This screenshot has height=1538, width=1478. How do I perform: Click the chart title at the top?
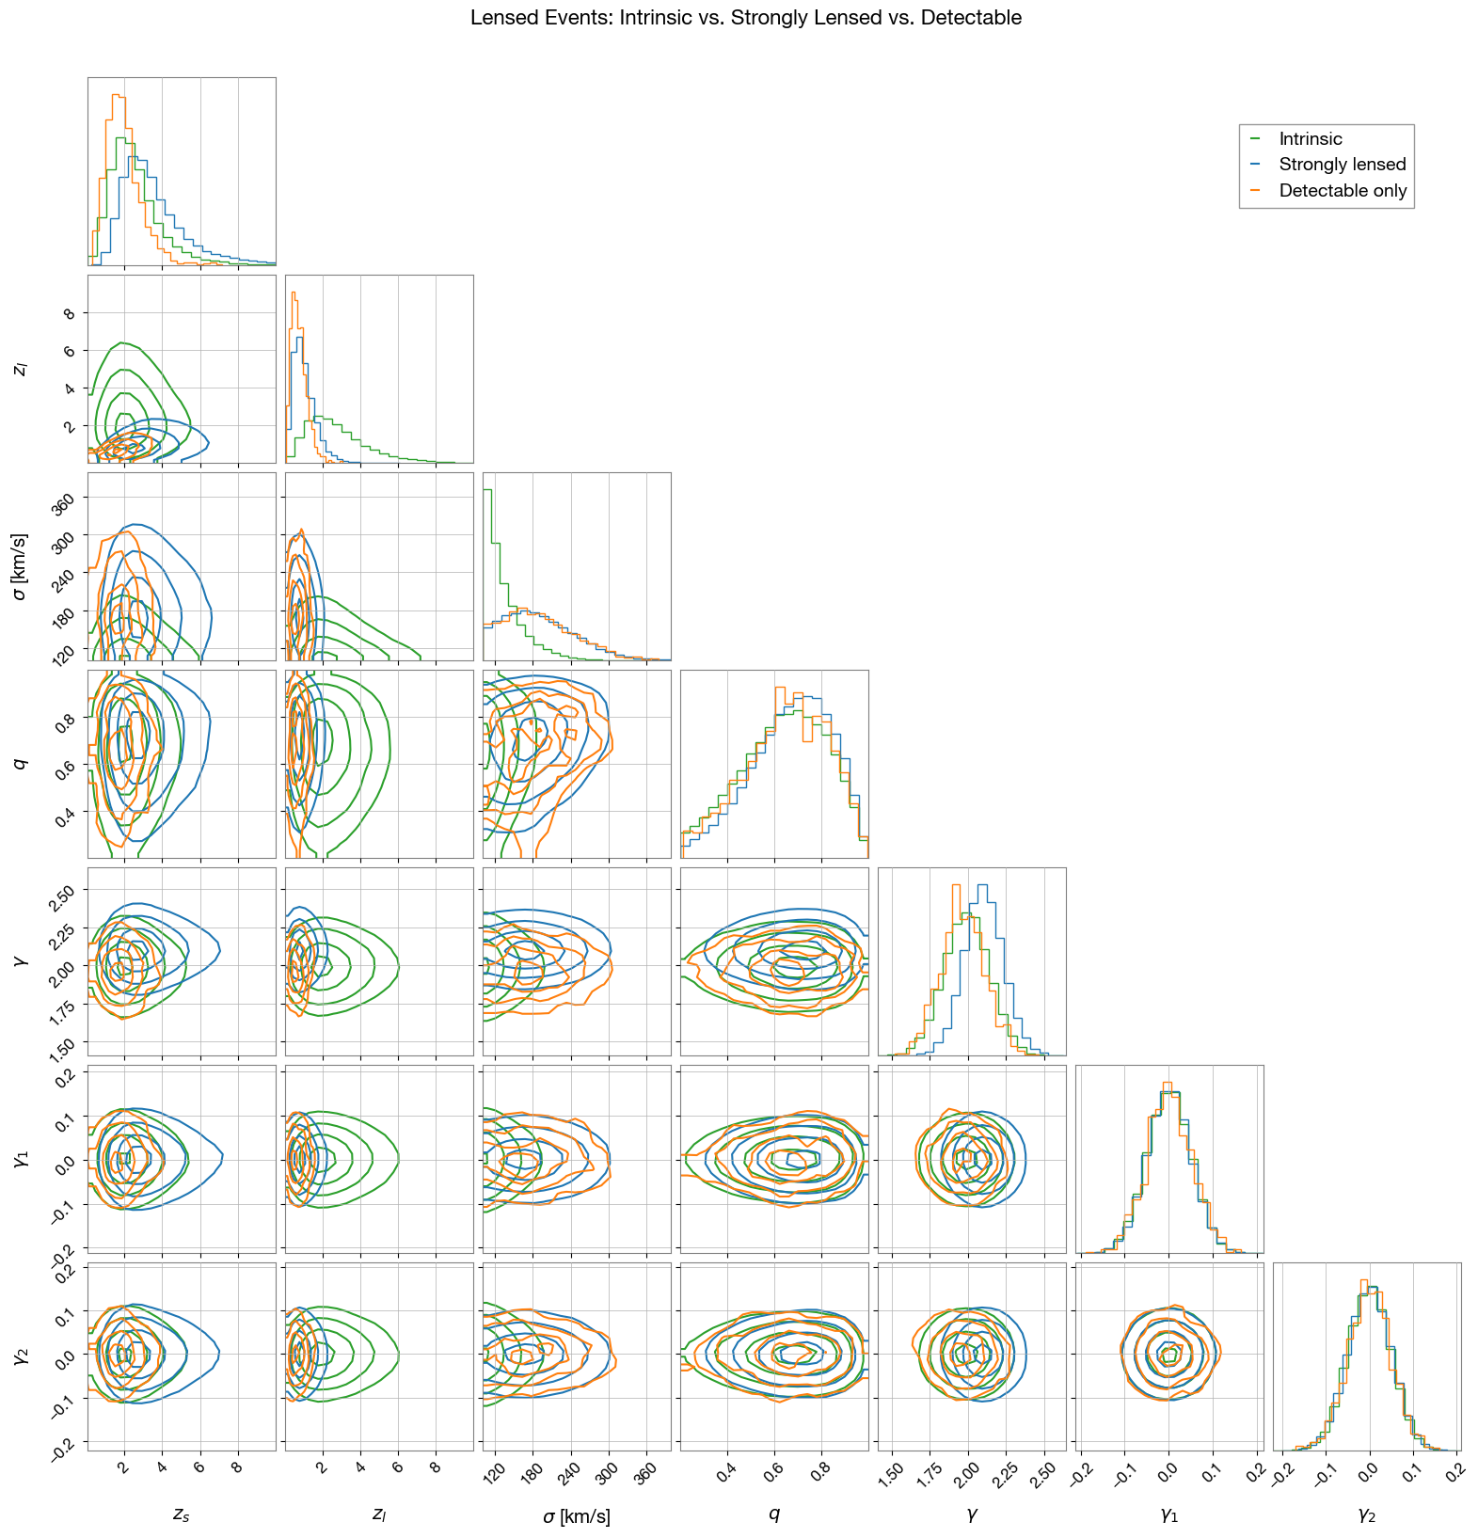[745, 18]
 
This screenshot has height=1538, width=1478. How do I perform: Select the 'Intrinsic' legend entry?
[1310, 139]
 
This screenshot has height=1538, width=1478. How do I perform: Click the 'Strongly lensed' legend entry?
[1342, 165]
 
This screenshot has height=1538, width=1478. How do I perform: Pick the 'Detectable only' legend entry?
[1343, 191]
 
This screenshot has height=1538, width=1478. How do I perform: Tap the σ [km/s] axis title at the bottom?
[576, 1515]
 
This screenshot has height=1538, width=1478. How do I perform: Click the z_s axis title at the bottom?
[181, 1514]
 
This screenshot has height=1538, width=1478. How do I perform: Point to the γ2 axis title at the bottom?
[1366, 1514]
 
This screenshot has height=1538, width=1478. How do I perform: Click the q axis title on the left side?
[20, 763]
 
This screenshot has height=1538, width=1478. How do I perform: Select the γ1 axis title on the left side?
[20, 1159]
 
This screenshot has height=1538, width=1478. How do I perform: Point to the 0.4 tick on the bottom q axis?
[725, 1473]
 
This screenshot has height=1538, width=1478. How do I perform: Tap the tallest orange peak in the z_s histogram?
[116, 95]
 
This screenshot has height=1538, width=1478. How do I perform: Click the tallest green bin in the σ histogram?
[487, 490]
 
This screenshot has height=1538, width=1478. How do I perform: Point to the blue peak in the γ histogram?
[982, 885]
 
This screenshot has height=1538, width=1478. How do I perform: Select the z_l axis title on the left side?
[20, 369]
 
